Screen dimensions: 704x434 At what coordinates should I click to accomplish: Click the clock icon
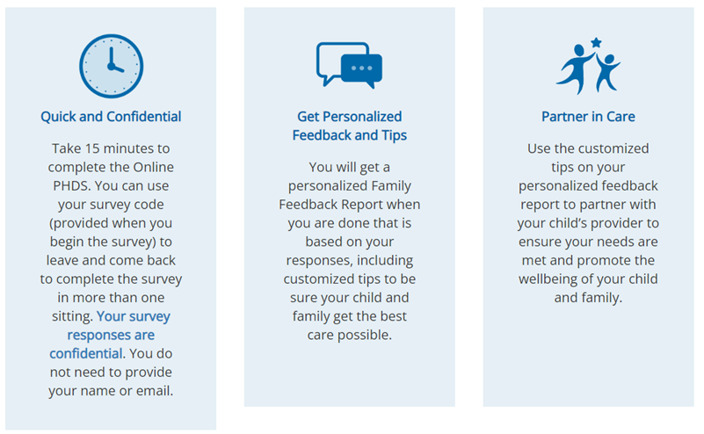(x=112, y=66)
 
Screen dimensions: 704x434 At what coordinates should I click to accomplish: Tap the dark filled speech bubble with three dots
(x=362, y=69)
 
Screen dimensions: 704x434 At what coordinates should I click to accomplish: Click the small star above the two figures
(x=596, y=43)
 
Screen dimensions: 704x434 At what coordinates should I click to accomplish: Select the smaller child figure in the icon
(x=607, y=72)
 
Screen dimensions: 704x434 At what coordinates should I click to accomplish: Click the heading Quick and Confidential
(x=111, y=117)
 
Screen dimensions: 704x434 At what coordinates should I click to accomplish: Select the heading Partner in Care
(x=588, y=117)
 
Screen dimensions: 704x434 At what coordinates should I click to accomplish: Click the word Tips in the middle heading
(x=395, y=135)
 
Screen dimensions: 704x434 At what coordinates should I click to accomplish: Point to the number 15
(x=92, y=148)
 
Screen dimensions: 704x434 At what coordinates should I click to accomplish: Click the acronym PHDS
(x=72, y=185)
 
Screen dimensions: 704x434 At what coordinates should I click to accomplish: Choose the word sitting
(x=72, y=317)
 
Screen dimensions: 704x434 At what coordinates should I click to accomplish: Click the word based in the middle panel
(x=323, y=242)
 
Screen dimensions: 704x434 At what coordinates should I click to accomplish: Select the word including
(x=385, y=261)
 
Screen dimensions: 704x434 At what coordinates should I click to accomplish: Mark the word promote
(x=606, y=261)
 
